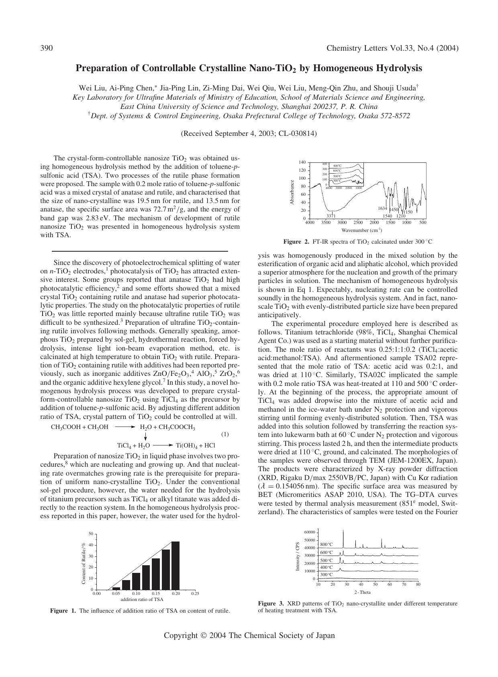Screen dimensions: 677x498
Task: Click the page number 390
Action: click(x=47, y=48)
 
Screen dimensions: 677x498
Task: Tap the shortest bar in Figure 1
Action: click(x=116, y=588)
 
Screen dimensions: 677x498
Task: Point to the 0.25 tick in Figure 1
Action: click(x=195, y=593)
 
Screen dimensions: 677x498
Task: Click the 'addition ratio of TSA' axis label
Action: click(x=142, y=599)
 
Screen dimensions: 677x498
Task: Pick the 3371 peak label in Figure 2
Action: click(x=331, y=216)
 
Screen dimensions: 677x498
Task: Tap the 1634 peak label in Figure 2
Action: click(x=382, y=208)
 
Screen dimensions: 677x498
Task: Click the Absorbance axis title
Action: click(x=292, y=192)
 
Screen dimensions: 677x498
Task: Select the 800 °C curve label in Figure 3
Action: click(x=327, y=544)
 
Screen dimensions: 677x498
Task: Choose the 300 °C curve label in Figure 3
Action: click(x=327, y=574)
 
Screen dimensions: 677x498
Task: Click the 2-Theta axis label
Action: click(x=362, y=592)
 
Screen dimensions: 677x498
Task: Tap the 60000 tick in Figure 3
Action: click(x=310, y=532)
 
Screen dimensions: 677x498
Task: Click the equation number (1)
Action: click(x=225, y=434)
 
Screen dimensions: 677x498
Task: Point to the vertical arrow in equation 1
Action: click(x=145, y=436)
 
